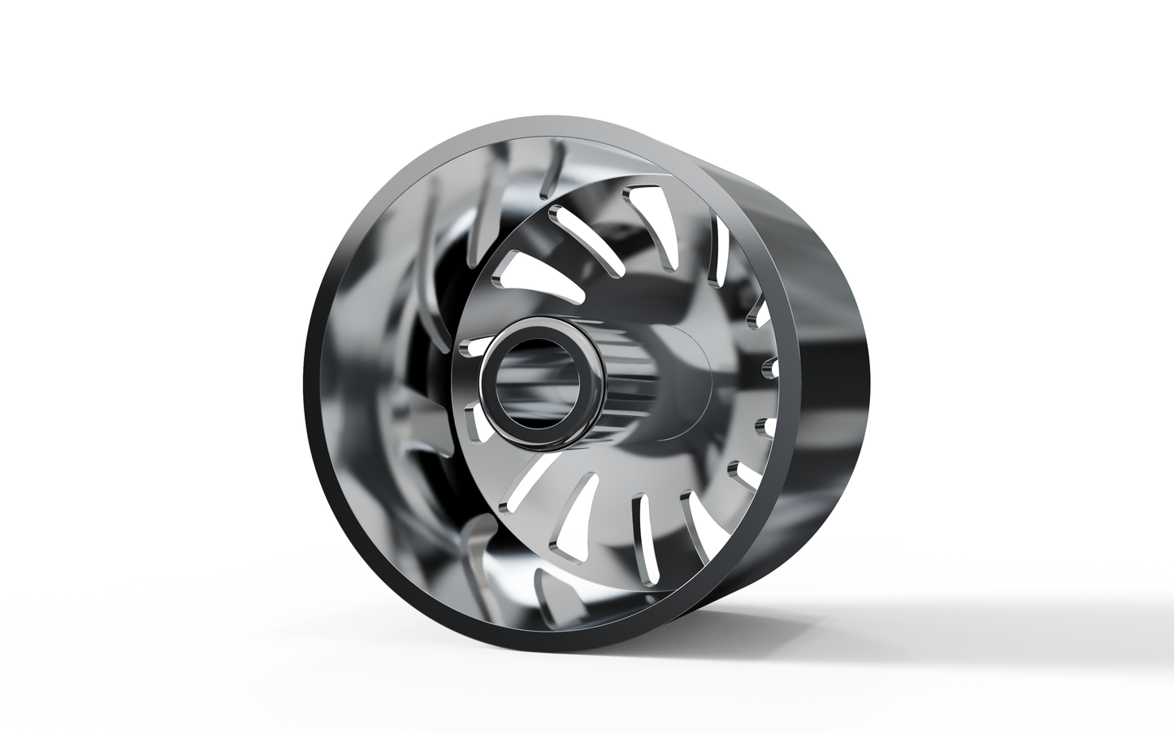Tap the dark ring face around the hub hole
492,406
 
